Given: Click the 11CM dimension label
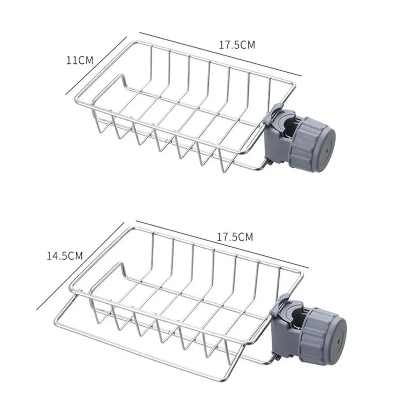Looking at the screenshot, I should [80, 60].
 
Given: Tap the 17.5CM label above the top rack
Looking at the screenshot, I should [237, 44].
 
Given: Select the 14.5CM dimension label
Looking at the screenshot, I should [64, 256].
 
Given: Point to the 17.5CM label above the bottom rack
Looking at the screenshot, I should [235, 237].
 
